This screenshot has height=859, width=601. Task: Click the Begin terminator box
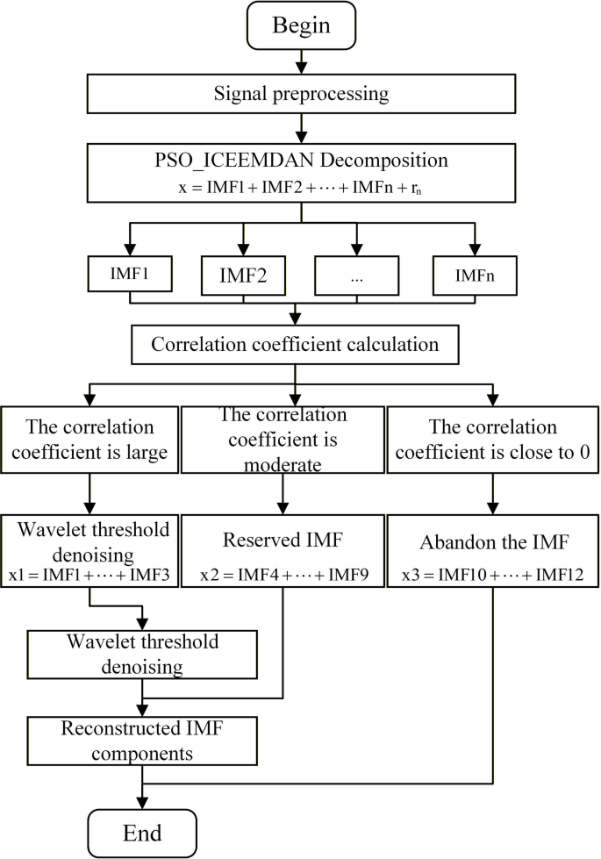(300, 25)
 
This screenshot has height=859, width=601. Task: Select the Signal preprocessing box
(300, 91)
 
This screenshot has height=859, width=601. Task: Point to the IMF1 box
(131, 274)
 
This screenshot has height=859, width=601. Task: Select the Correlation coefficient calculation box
(295, 344)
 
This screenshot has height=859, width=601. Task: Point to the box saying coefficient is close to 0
(494, 443)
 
